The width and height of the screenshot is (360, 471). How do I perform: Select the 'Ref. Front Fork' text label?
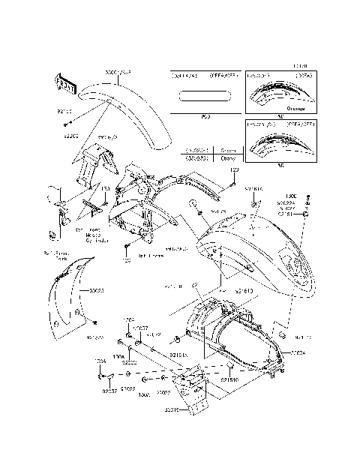(55, 256)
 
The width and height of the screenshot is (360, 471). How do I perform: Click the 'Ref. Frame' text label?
(151, 256)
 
